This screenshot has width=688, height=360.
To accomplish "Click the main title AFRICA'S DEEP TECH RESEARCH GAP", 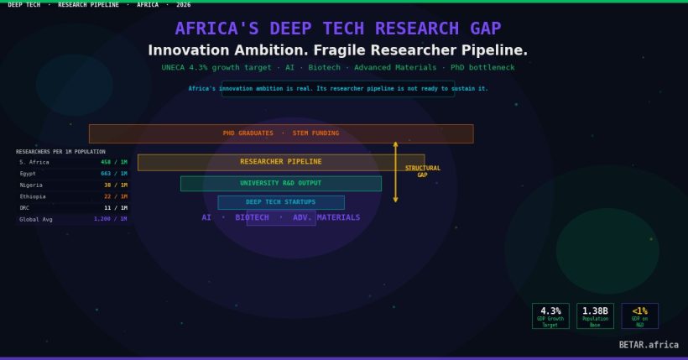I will pos(338,29).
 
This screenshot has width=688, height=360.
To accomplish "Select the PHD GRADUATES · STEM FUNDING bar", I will pos(281,133).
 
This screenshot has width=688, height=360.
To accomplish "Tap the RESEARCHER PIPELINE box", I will pos(281,162).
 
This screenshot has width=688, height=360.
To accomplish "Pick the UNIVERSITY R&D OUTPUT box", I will pos(281,183).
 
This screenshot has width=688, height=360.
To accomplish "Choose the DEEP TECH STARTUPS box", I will pos(281,202).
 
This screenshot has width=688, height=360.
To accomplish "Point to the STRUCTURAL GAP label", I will pos(422,172).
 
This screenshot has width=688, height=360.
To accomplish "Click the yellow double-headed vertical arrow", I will pos(396,172).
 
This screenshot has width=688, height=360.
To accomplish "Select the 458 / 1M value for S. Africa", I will pos(114,162).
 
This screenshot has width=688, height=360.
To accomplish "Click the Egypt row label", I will pos(29,174).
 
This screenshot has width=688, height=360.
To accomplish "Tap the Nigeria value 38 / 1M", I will pos(116,185).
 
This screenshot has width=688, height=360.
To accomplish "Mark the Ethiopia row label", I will pos(33,196).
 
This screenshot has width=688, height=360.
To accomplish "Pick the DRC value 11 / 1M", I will pos(116,208).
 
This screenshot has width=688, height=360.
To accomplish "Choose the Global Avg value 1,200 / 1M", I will pos(111,219).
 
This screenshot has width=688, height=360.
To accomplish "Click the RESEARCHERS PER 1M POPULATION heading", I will pos(60,152).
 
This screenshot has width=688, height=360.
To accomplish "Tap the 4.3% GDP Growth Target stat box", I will pos(550,316).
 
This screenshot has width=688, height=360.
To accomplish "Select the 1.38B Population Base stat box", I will pos(595,316).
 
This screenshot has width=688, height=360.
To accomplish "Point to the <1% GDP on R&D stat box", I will pos(639,316).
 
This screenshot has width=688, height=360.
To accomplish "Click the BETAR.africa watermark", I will pos(649,345).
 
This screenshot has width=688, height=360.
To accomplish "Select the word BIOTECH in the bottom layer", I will pos(252,218).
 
